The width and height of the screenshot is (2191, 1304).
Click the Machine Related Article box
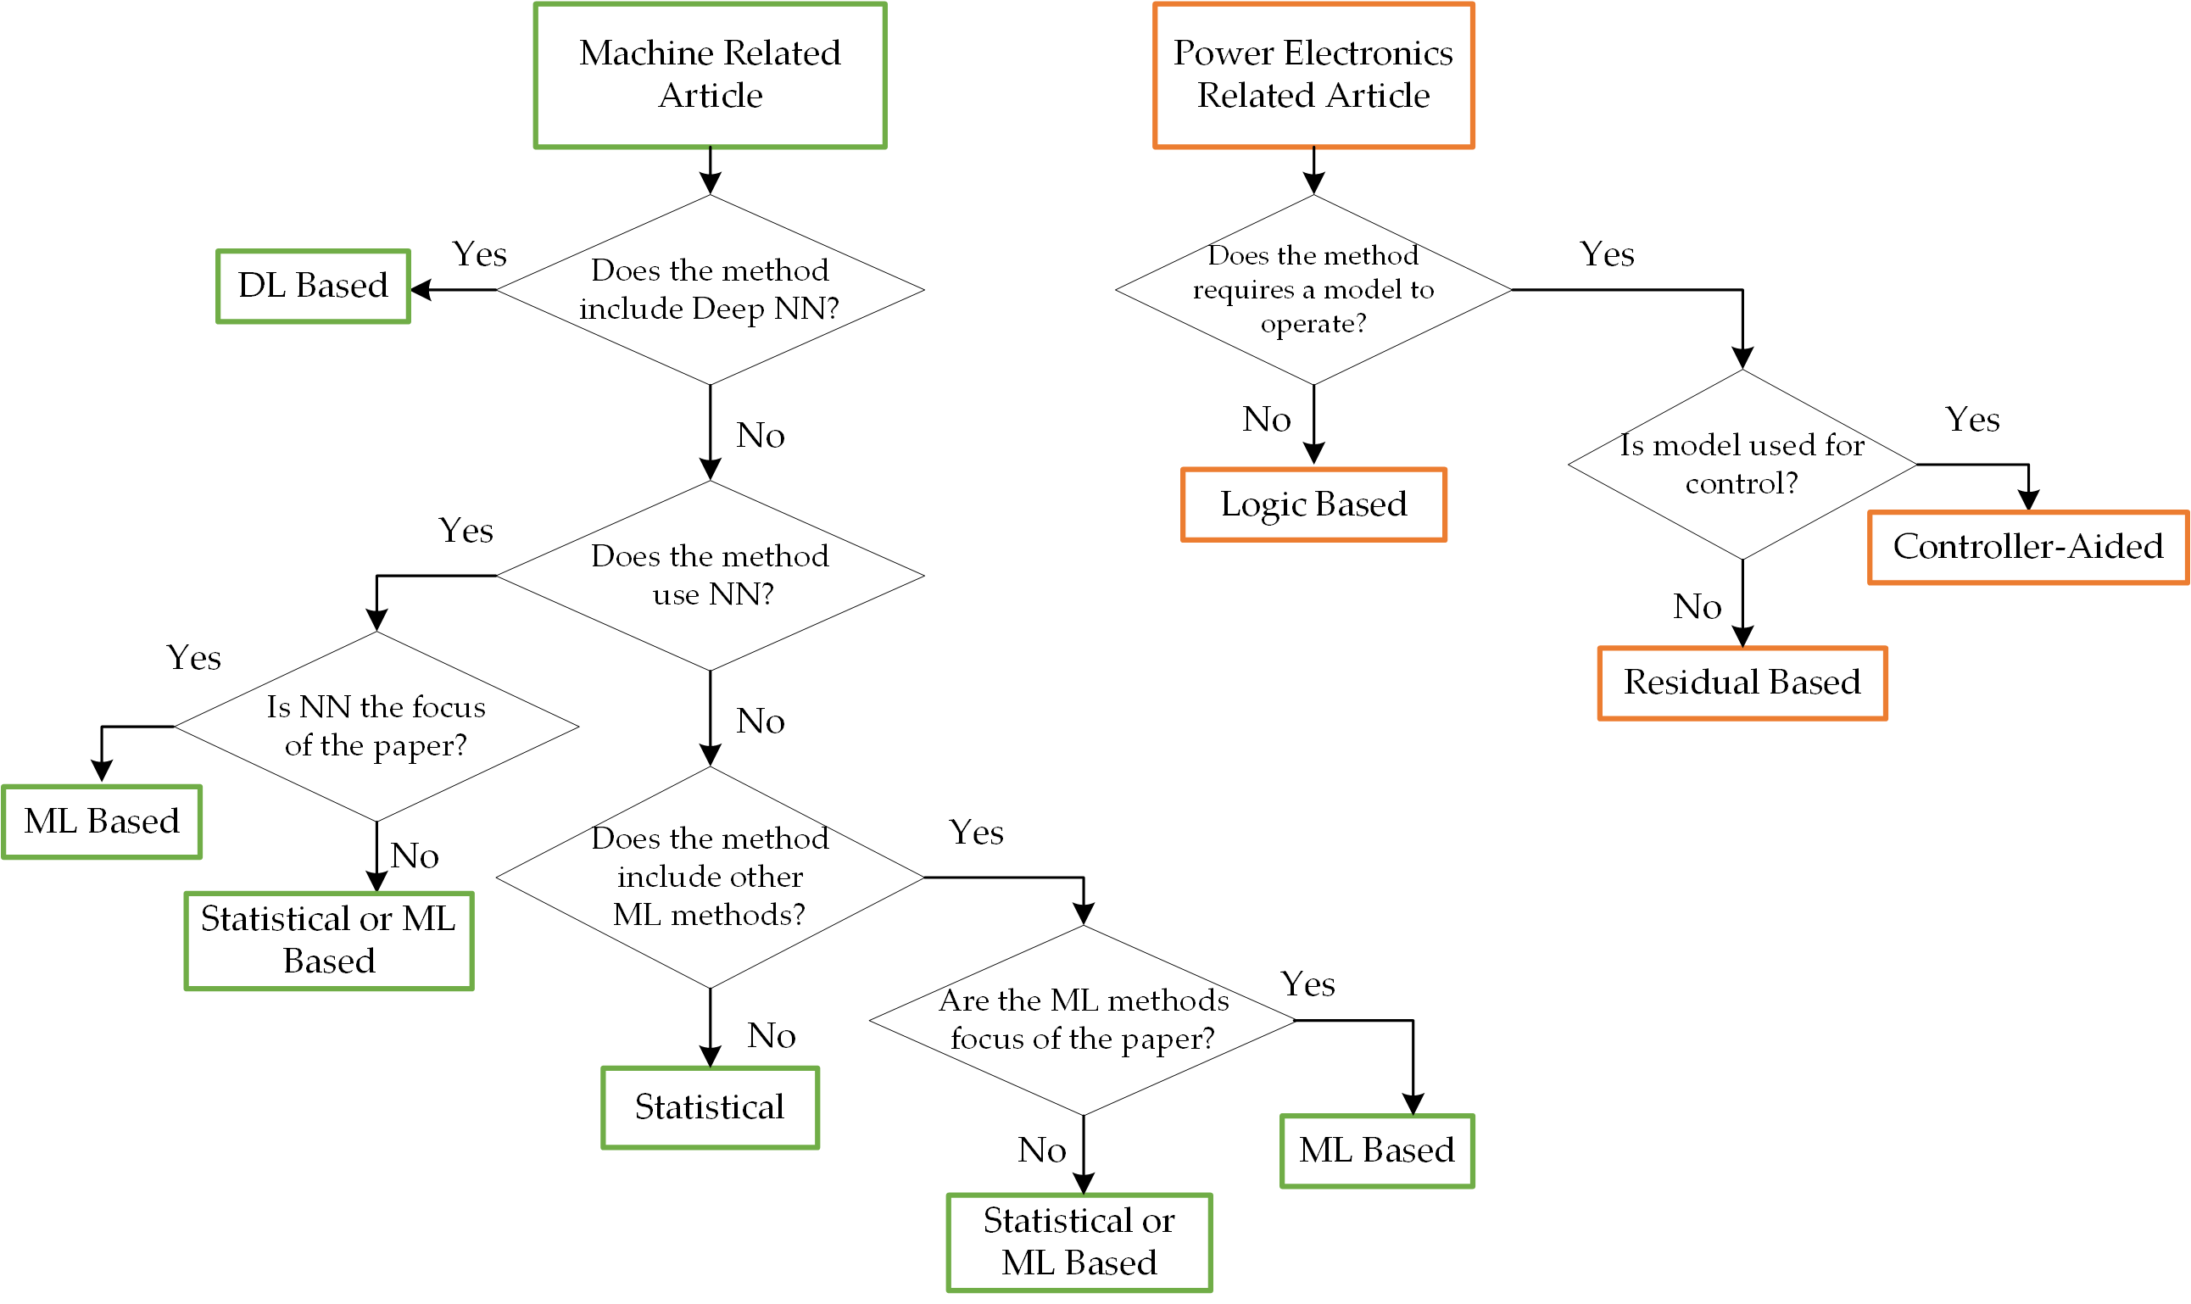(x=710, y=75)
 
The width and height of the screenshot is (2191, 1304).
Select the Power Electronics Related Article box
(x=1313, y=75)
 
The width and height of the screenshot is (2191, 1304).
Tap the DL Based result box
(x=313, y=287)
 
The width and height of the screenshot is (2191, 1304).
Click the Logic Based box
(x=1313, y=505)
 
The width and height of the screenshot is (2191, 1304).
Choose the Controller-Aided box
(x=2027, y=548)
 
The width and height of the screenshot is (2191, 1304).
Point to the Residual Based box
(x=1742, y=683)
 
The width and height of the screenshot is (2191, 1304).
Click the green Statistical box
(x=710, y=1108)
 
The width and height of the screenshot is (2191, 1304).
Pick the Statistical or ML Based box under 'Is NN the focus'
(x=328, y=941)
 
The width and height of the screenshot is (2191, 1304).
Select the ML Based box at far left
(x=102, y=822)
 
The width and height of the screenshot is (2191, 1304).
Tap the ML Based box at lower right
(x=1376, y=1151)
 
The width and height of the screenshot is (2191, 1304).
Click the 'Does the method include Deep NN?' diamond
(x=710, y=289)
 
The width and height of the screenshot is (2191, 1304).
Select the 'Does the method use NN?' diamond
(x=710, y=576)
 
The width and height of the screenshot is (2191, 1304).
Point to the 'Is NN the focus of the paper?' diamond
(x=376, y=727)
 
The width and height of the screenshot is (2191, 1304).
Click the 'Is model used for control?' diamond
(x=1742, y=464)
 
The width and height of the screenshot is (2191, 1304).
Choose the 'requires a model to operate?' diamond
(x=1313, y=289)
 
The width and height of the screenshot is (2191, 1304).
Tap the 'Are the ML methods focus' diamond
(x=1082, y=1020)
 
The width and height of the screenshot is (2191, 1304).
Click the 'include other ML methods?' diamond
(x=710, y=877)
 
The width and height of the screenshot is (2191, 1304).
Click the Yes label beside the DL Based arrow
(x=480, y=255)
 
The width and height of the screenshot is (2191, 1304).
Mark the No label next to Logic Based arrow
(x=1266, y=420)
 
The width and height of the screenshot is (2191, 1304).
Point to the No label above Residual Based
(x=1697, y=607)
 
